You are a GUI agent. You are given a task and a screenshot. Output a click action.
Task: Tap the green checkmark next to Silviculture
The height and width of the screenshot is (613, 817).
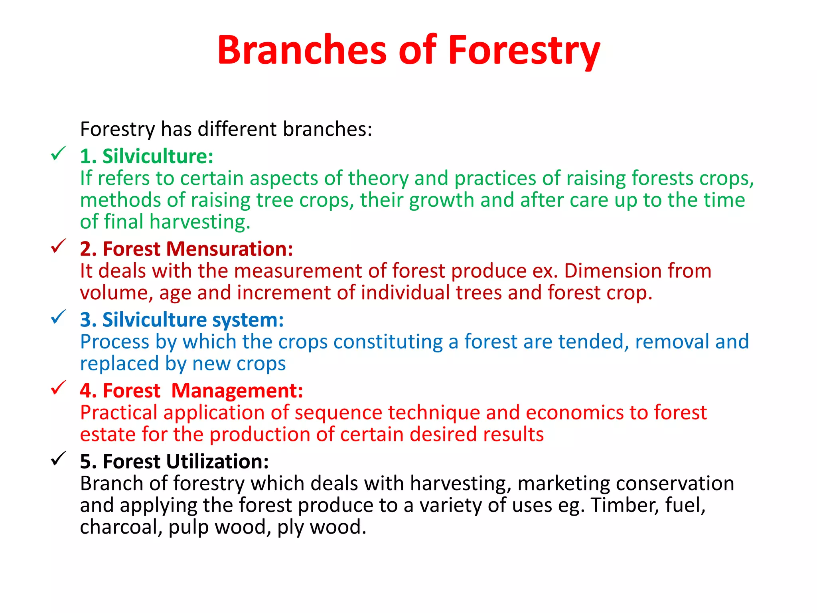point(58,154)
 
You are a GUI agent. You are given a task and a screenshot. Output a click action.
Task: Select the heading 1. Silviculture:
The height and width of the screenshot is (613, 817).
point(146,156)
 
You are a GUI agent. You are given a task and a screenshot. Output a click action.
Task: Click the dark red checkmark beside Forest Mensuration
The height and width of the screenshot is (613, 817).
point(58,246)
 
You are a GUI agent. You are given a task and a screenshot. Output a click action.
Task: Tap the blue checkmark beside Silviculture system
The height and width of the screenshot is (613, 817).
point(58,317)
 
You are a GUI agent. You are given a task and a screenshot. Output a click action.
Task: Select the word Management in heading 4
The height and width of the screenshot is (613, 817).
point(237,391)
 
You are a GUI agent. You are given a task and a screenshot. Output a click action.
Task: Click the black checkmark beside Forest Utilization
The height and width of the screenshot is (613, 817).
point(58,459)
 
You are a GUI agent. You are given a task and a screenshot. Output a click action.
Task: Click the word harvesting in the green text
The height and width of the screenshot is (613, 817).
point(199,222)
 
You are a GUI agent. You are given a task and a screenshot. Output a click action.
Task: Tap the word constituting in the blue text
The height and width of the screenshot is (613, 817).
point(388,342)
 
